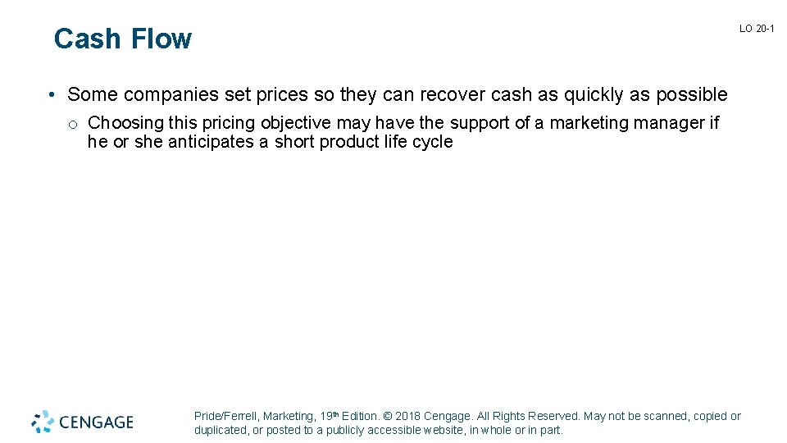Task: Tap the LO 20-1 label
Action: tap(757, 29)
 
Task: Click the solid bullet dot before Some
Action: tap(51, 95)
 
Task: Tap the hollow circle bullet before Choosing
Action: tap(73, 125)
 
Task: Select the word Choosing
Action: tap(124, 123)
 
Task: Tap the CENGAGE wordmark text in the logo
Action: tap(96, 422)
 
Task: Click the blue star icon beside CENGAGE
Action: tap(43, 421)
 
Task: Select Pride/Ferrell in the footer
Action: tap(227, 417)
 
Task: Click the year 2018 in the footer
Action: tap(408, 417)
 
